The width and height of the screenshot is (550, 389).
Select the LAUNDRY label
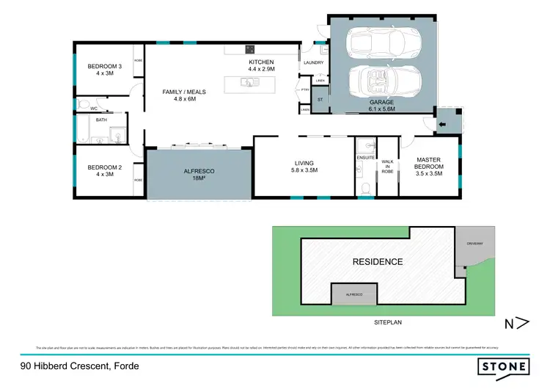tap(313, 63)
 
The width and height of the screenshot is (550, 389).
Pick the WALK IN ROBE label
tap(387, 167)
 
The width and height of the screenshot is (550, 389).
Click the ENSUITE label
tap(365, 158)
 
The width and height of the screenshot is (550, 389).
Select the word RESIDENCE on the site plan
tap(378, 262)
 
